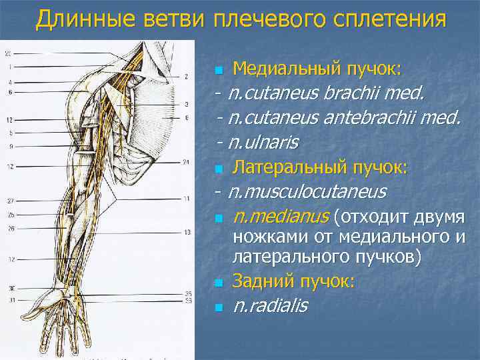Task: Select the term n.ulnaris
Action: [263, 142]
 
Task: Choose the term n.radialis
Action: [270, 306]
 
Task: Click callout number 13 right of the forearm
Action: [187, 231]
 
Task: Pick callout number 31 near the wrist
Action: [10, 301]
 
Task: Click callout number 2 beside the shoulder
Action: [186, 76]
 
